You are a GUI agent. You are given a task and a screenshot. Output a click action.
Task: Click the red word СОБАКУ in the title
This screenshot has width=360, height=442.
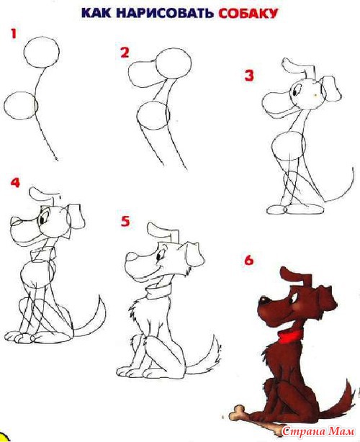248,13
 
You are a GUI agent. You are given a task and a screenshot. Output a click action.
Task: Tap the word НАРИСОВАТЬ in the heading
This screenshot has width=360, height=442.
164,13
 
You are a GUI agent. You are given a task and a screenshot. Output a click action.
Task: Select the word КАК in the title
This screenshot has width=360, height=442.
96,13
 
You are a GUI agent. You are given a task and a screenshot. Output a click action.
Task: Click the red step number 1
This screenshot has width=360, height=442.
14,34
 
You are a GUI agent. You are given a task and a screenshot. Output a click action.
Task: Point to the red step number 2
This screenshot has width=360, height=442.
125,53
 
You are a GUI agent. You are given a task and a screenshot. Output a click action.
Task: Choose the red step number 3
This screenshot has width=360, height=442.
249,76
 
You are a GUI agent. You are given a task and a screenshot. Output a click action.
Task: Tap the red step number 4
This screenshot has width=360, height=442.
15,183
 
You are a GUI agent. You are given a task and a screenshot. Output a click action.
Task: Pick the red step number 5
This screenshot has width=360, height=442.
125,221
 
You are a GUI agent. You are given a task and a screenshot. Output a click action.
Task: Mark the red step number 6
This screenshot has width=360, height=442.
249,260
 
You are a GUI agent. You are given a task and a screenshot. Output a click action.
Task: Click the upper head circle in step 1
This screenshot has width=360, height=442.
42,37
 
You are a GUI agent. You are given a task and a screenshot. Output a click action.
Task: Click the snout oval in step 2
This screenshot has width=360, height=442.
130,74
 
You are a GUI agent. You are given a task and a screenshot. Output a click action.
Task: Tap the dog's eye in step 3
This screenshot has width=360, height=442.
295,91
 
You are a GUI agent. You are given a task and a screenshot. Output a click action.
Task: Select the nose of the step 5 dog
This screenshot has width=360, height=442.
131,257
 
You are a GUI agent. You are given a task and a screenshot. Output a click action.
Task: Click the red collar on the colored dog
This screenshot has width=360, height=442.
289,335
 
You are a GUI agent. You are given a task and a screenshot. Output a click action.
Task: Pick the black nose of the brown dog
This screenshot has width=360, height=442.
264,300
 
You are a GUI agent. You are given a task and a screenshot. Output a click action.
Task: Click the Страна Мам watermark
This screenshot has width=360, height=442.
318,431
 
